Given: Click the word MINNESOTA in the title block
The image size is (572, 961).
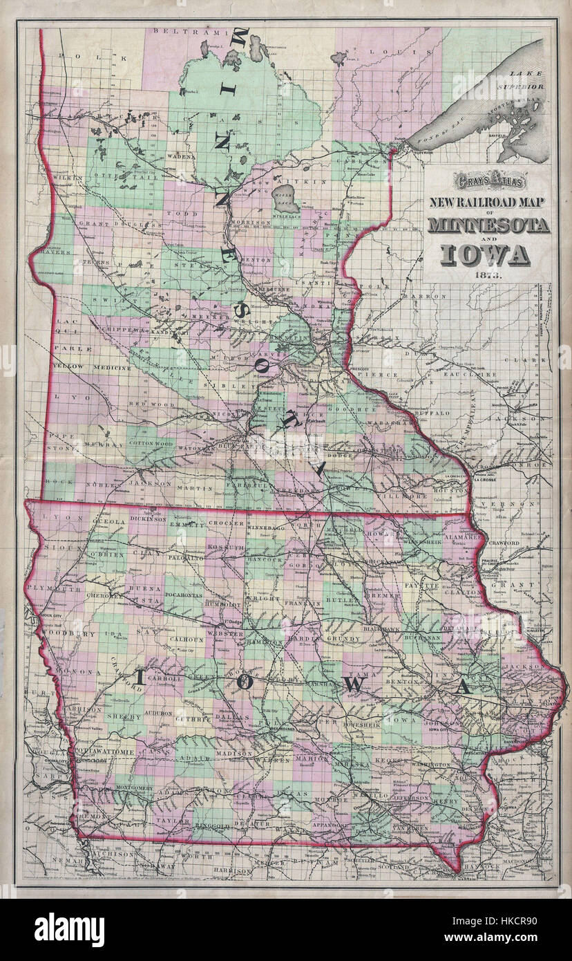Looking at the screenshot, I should (488, 225).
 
